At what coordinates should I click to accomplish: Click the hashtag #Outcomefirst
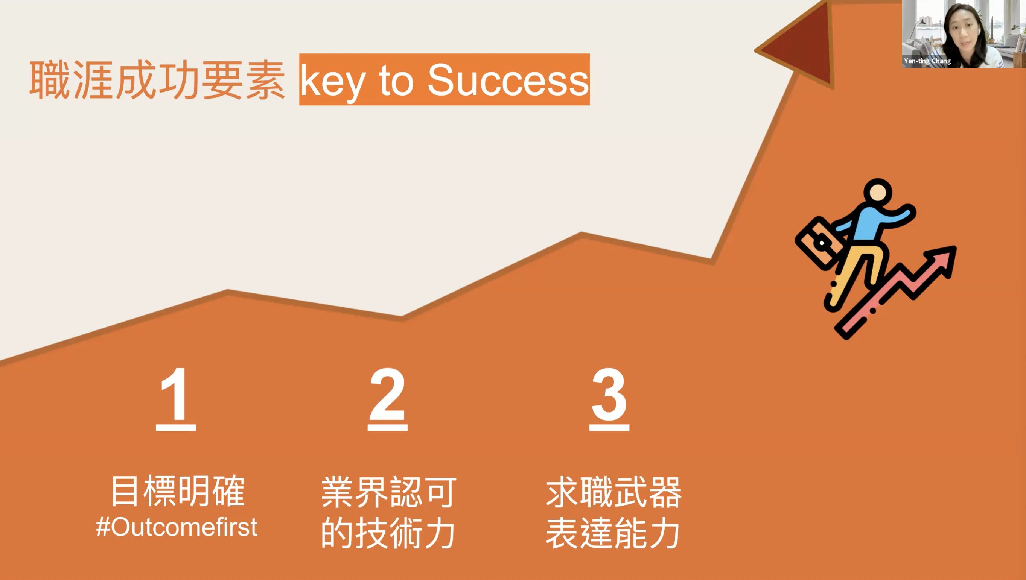coord(177,527)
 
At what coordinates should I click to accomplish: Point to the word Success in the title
coord(508,80)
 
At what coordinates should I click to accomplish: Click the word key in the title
coord(332,82)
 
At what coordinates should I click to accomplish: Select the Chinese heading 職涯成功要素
coord(157,80)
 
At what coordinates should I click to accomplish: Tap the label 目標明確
coord(178,491)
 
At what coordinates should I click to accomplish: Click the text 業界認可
coord(388,492)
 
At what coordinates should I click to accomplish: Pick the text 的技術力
coord(388,533)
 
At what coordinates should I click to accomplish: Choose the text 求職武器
coord(614,492)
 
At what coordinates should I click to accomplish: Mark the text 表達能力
coord(613,533)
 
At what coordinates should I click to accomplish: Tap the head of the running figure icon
coord(878,193)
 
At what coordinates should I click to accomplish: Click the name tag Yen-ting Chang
coord(927,61)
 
